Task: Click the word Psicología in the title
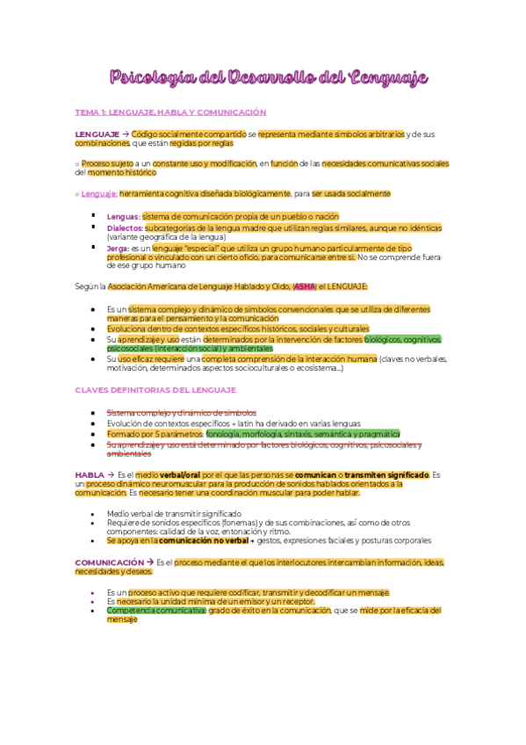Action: click(149, 78)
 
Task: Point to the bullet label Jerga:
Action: click(118, 248)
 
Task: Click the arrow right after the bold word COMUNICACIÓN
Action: click(149, 562)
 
